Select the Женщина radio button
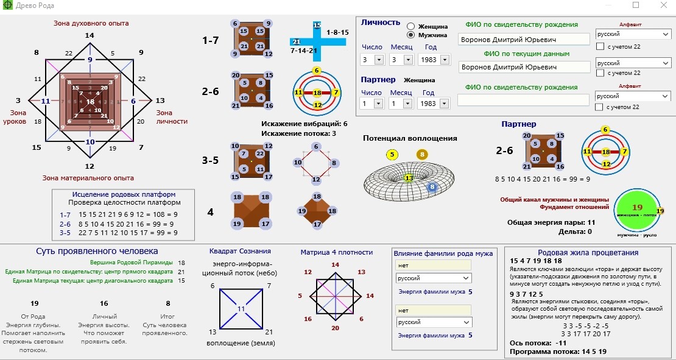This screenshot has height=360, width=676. point(411,26)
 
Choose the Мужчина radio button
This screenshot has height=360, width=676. point(411,35)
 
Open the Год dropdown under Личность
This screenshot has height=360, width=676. point(445,60)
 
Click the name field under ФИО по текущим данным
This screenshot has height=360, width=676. point(524,67)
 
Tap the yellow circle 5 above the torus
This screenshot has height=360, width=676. point(392,154)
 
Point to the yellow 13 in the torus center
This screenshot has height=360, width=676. point(409,178)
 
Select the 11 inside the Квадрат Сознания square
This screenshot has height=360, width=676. point(241,309)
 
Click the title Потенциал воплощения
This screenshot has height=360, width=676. point(410,138)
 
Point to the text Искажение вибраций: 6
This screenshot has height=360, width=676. point(304,124)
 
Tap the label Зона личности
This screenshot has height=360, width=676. point(172,117)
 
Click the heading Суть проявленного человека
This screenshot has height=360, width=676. point(97,251)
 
